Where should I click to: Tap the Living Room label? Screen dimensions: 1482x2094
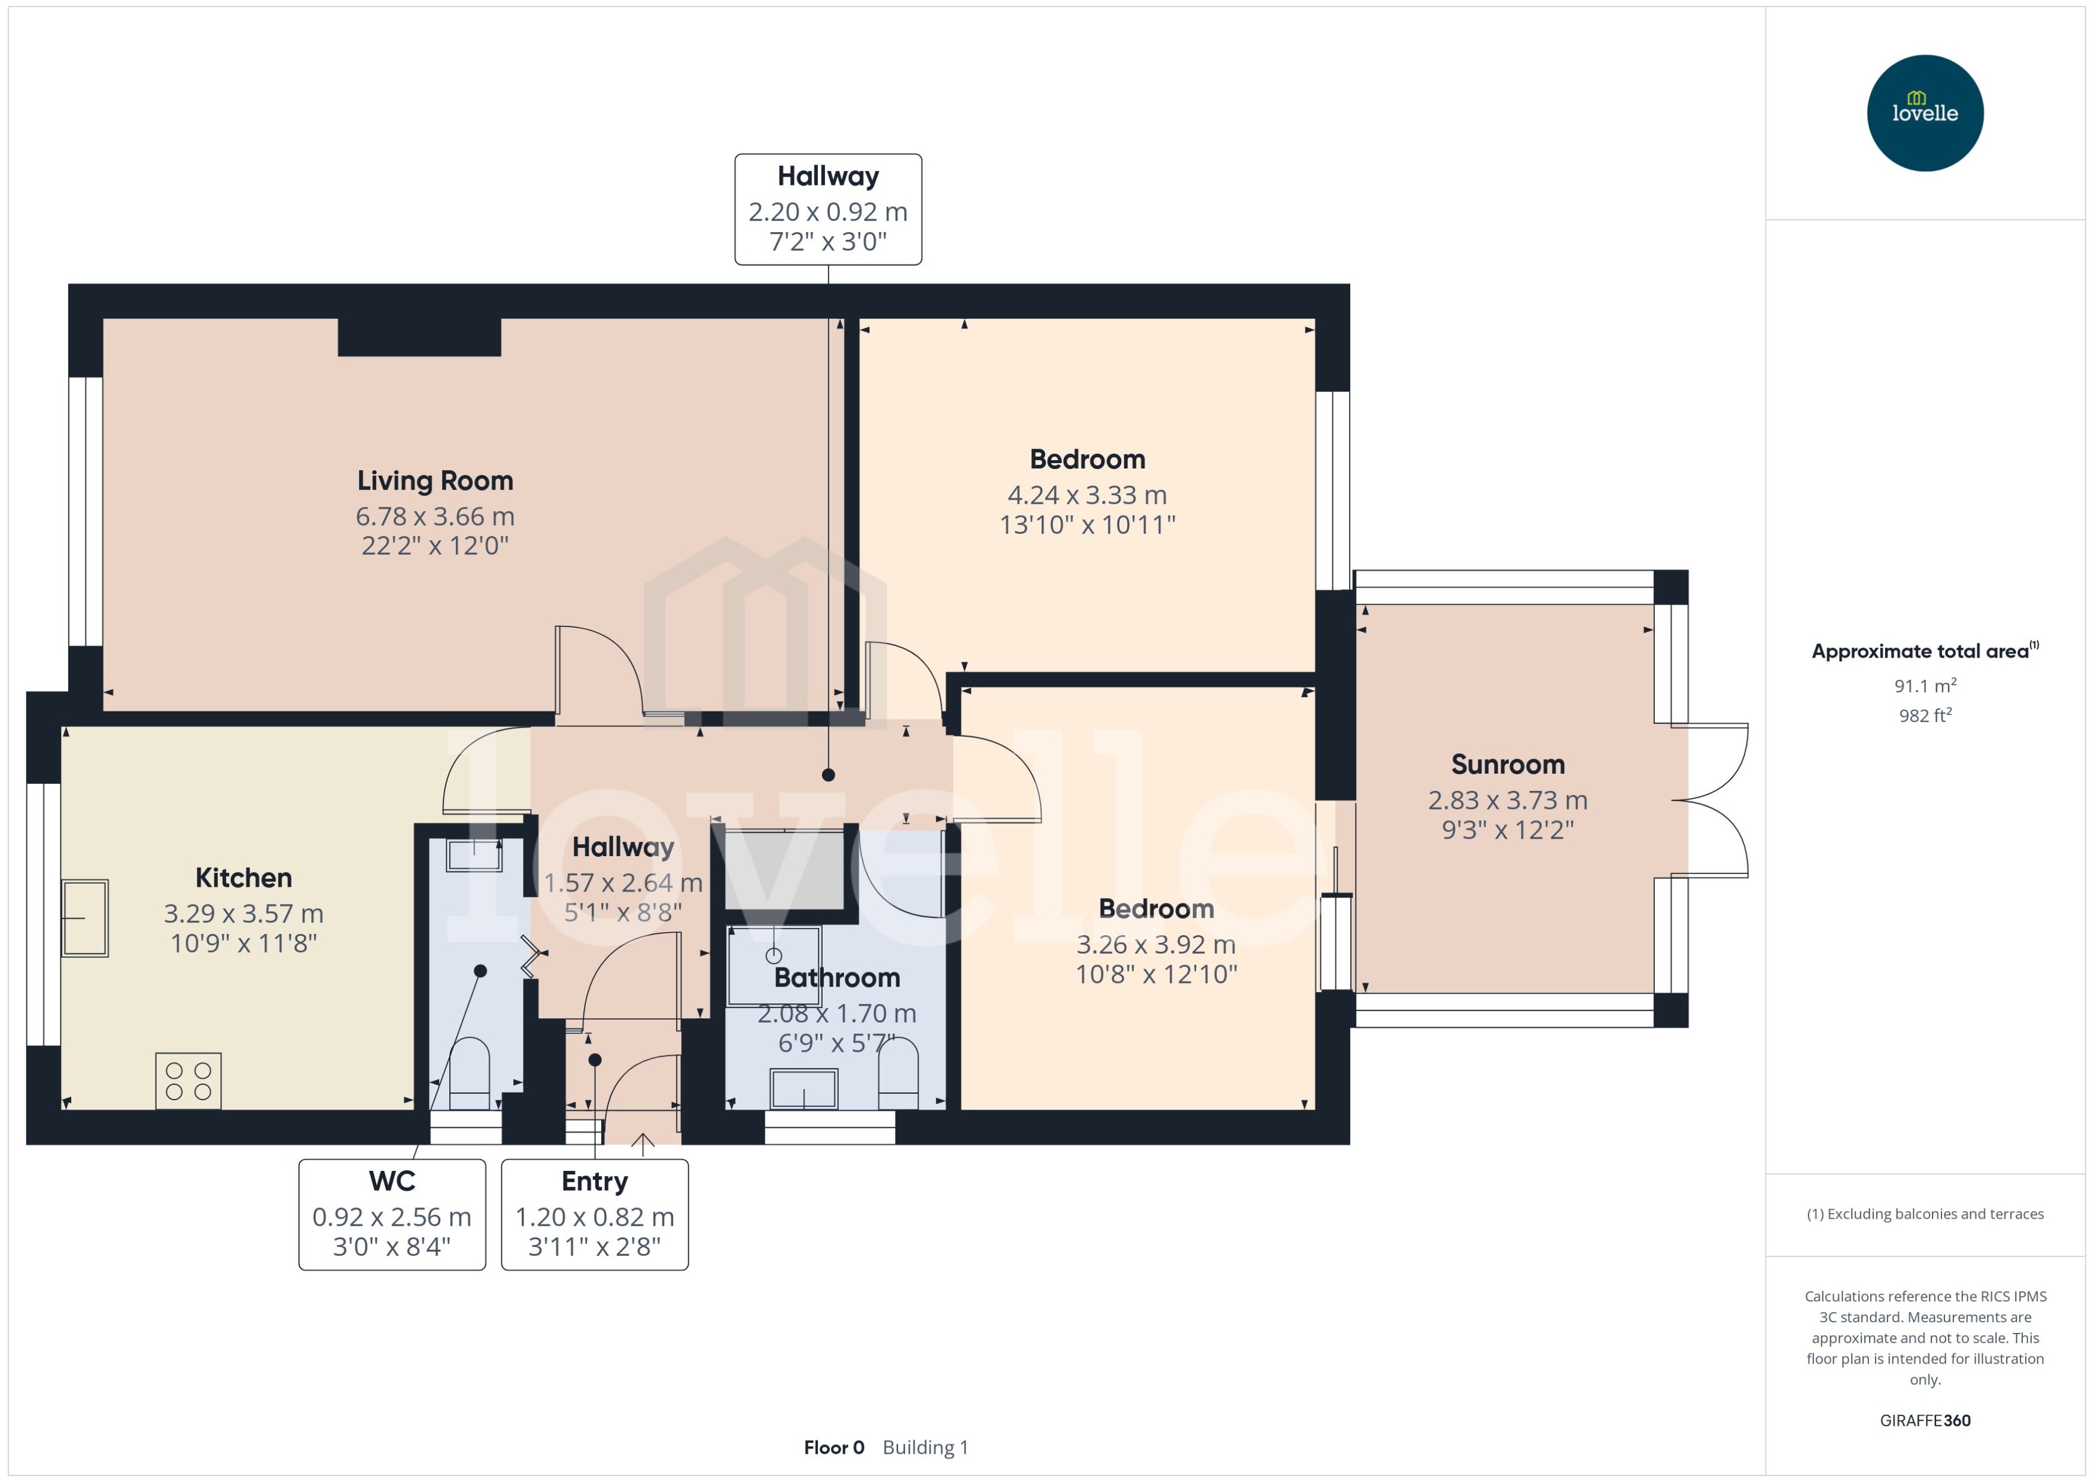coord(434,481)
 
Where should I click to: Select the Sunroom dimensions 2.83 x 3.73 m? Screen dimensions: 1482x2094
coord(1507,801)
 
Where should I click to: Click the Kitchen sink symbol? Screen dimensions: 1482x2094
coord(85,918)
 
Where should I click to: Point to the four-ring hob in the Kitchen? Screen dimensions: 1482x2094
coord(188,1081)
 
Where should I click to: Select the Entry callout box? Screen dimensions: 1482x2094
coord(594,1214)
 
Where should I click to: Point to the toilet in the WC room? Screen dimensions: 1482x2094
coord(470,1072)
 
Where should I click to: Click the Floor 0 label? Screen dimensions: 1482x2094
coord(833,1447)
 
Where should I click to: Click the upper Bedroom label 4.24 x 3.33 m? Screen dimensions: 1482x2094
coord(1086,495)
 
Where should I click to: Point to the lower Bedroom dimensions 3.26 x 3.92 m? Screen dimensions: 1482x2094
coord(1155,945)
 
